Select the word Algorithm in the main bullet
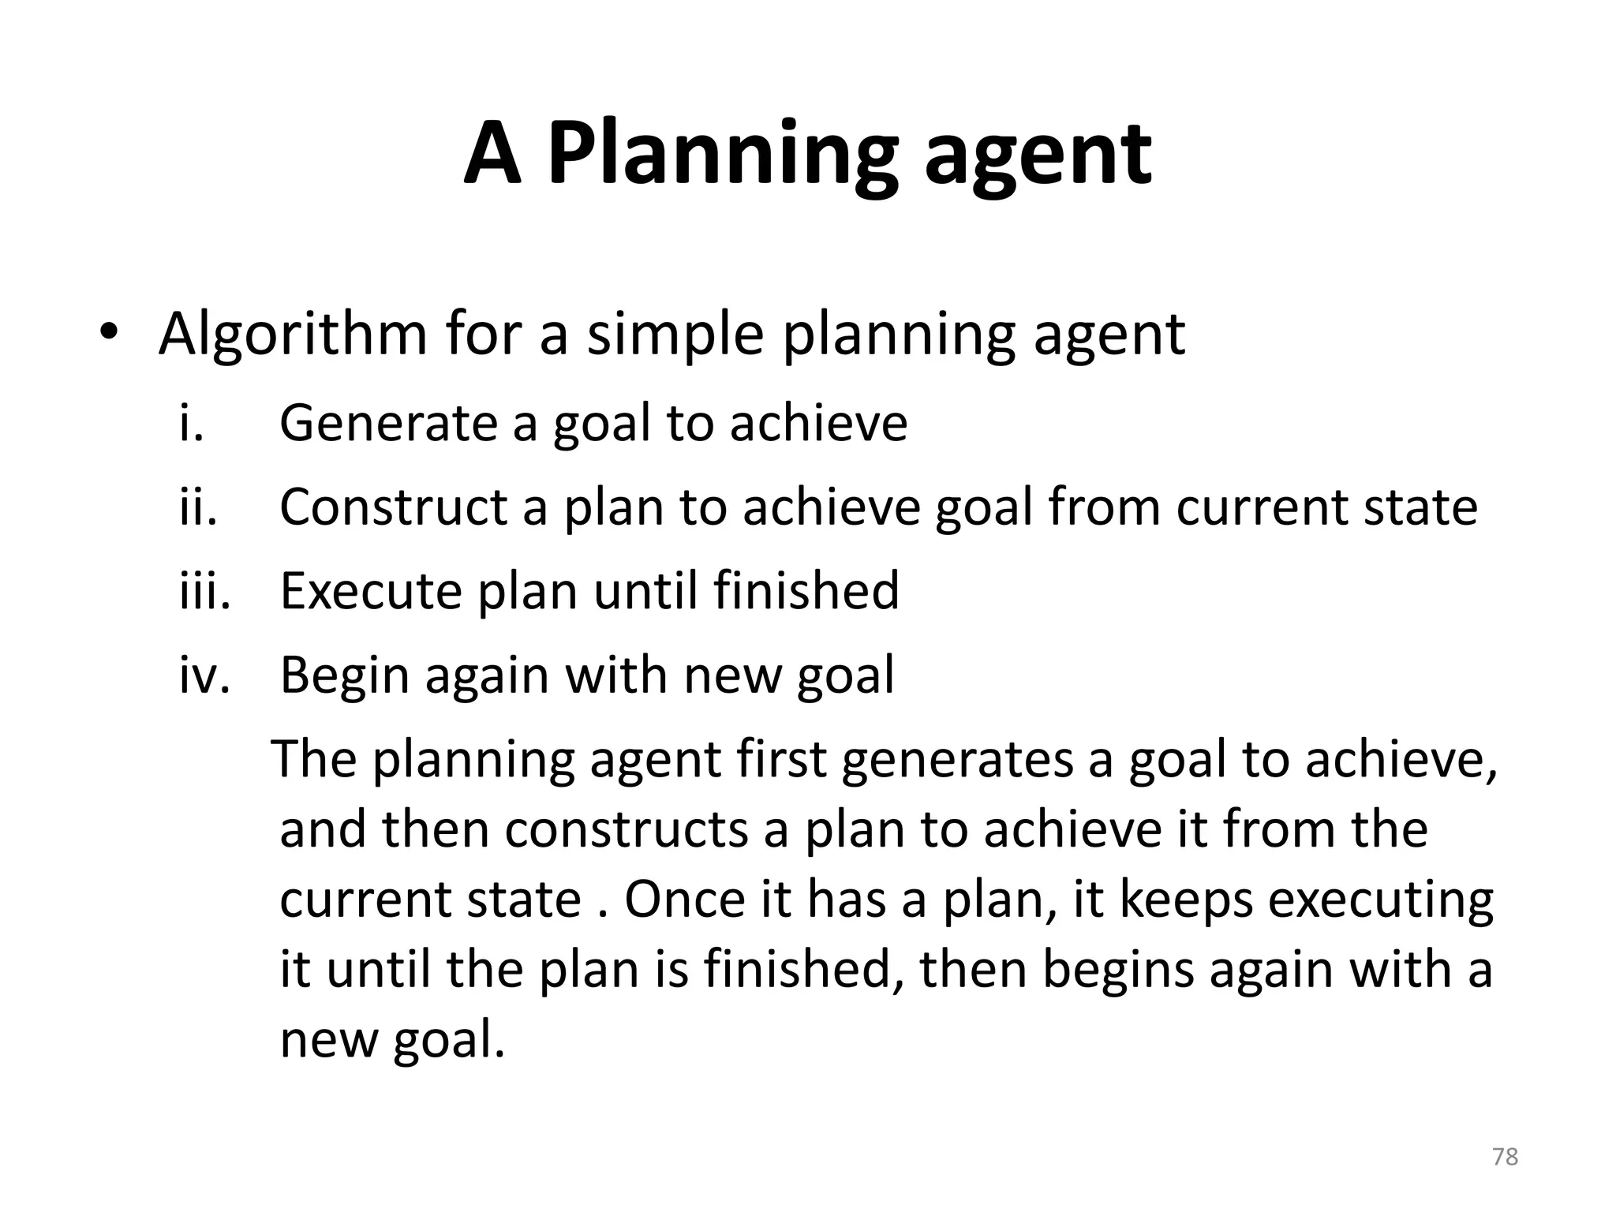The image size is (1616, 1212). click(x=293, y=335)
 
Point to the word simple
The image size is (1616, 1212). click(x=675, y=335)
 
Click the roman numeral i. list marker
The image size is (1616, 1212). click(x=192, y=424)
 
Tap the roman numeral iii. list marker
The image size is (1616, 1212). click(x=204, y=591)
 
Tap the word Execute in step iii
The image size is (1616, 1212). click(x=370, y=591)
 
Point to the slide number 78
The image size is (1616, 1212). click(x=1505, y=1158)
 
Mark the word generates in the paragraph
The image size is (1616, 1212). click(x=957, y=761)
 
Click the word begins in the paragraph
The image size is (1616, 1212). click(x=1117, y=970)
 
